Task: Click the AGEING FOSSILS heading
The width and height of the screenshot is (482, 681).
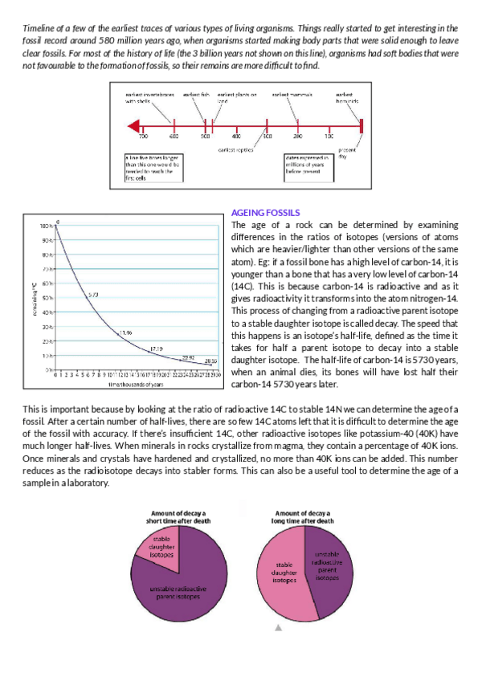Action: pyautogui.click(x=265, y=212)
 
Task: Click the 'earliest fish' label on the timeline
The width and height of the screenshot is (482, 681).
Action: pyautogui.click(x=197, y=95)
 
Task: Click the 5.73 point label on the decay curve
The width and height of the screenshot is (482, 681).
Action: pyautogui.click(x=93, y=296)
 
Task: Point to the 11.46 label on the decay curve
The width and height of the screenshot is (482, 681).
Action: pyautogui.click(x=125, y=332)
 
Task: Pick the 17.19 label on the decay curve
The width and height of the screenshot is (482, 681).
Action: pyautogui.click(x=156, y=349)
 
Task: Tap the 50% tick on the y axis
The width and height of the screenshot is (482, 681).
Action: pyautogui.click(x=47, y=298)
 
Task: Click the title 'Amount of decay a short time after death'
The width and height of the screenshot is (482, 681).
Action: pyautogui.click(x=174, y=517)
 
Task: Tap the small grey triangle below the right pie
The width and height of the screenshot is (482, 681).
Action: pyautogui.click(x=278, y=629)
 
